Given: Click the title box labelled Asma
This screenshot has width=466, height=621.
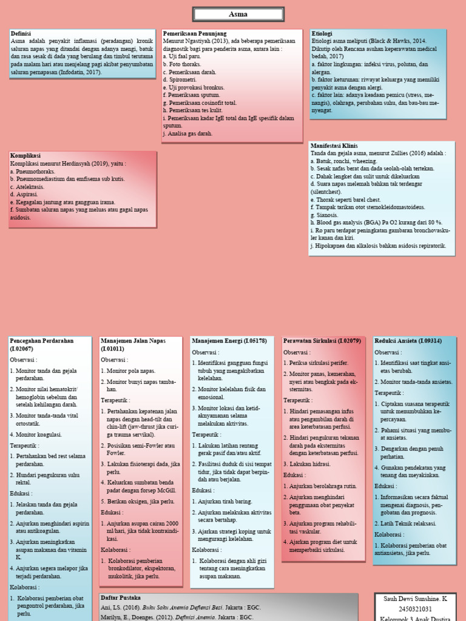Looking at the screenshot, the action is click(x=238, y=15).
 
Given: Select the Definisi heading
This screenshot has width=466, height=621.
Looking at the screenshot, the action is click(x=21, y=34).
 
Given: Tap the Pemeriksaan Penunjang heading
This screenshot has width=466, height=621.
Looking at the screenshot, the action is click(x=195, y=34).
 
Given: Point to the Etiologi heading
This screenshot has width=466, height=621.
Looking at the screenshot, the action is click(x=322, y=34).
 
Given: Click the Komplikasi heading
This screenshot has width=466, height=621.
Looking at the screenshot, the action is click(x=25, y=156).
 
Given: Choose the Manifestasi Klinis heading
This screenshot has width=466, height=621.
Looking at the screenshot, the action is click(x=334, y=146).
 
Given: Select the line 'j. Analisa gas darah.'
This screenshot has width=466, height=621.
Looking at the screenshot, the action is click(x=188, y=134).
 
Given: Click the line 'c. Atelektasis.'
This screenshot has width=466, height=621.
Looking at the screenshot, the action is click(x=27, y=187).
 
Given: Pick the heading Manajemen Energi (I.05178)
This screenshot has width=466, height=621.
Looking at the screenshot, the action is click(x=229, y=341).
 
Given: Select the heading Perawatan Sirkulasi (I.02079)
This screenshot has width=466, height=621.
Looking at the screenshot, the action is click(x=322, y=341).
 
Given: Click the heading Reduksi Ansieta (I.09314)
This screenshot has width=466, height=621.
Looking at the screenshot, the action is click(x=408, y=341).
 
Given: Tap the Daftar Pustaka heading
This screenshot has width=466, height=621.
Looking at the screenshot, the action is click(x=121, y=598).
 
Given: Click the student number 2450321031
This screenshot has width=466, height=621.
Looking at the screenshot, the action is click(x=415, y=609).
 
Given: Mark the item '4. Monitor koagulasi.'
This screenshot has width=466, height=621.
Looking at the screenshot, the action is click(x=36, y=435).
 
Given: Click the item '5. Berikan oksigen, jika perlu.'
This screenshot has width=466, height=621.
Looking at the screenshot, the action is click(x=138, y=502).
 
